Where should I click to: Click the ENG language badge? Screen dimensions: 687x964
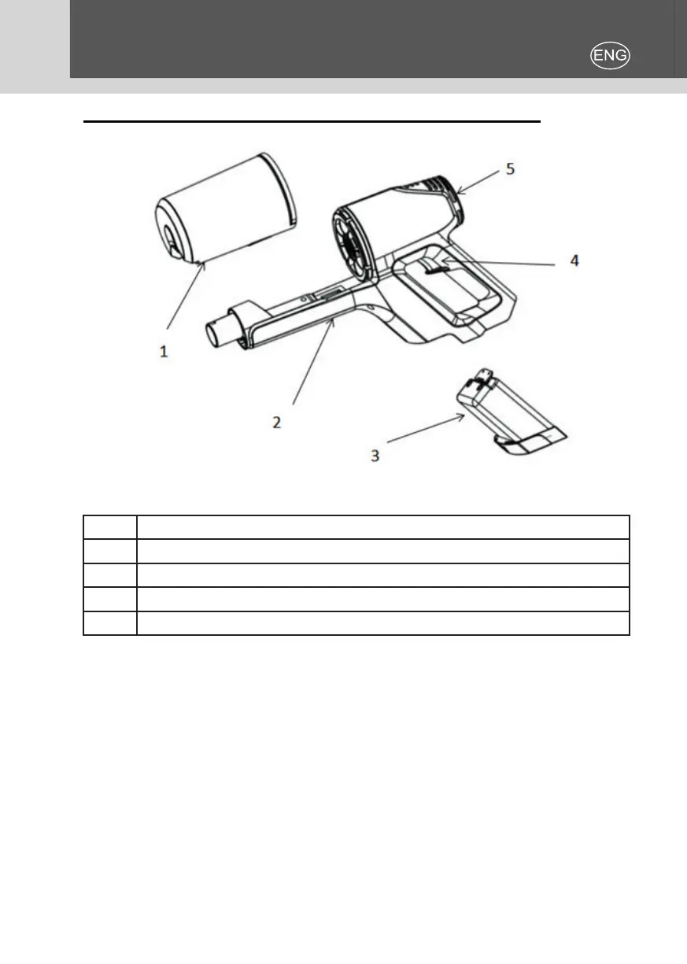point(611,55)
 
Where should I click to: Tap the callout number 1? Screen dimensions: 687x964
point(164,352)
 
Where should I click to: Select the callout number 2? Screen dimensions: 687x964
point(276,422)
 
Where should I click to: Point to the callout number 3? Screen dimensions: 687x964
point(375,455)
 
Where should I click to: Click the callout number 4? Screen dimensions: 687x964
point(574,260)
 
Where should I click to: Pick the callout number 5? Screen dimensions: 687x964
point(511,168)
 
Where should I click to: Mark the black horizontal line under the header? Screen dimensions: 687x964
point(312,122)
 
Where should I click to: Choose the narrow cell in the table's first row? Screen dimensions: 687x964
point(110,527)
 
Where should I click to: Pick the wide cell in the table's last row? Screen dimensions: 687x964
point(383,623)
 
